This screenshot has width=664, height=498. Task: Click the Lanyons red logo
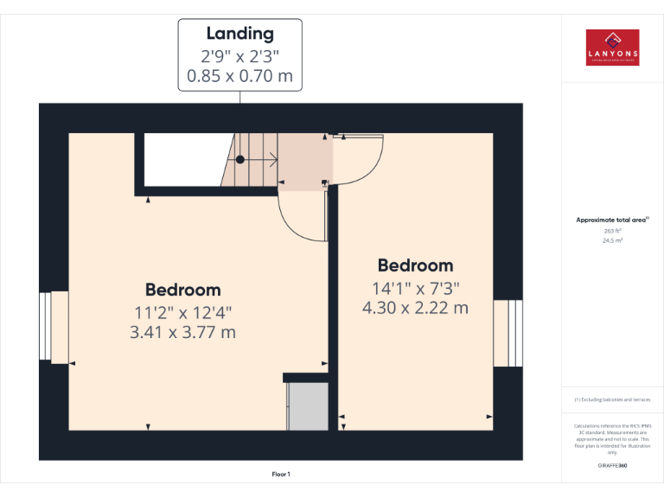pos(612,48)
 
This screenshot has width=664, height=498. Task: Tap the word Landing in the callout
pos(239,34)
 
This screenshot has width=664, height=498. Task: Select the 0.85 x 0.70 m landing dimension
pos(239,76)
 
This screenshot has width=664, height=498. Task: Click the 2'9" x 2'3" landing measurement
pos(239,56)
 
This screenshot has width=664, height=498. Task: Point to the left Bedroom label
pos(182,290)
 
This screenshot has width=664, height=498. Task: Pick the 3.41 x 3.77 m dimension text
pos(182,331)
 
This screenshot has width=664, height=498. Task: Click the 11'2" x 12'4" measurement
pos(182,311)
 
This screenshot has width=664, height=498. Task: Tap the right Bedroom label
pos(415,265)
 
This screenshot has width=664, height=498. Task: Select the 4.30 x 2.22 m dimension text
pos(415,307)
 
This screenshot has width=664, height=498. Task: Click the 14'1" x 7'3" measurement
pos(415,287)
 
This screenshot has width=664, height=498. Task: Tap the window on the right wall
pos(508,333)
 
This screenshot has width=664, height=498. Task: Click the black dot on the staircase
pos(240,159)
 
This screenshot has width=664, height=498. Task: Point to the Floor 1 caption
pos(281,474)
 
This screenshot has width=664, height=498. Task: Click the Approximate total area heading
pos(612,220)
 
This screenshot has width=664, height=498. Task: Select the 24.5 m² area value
pos(612,241)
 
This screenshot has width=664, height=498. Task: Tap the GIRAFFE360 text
pos(612,465)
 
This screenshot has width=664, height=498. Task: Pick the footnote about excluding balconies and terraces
pos(612,399)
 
